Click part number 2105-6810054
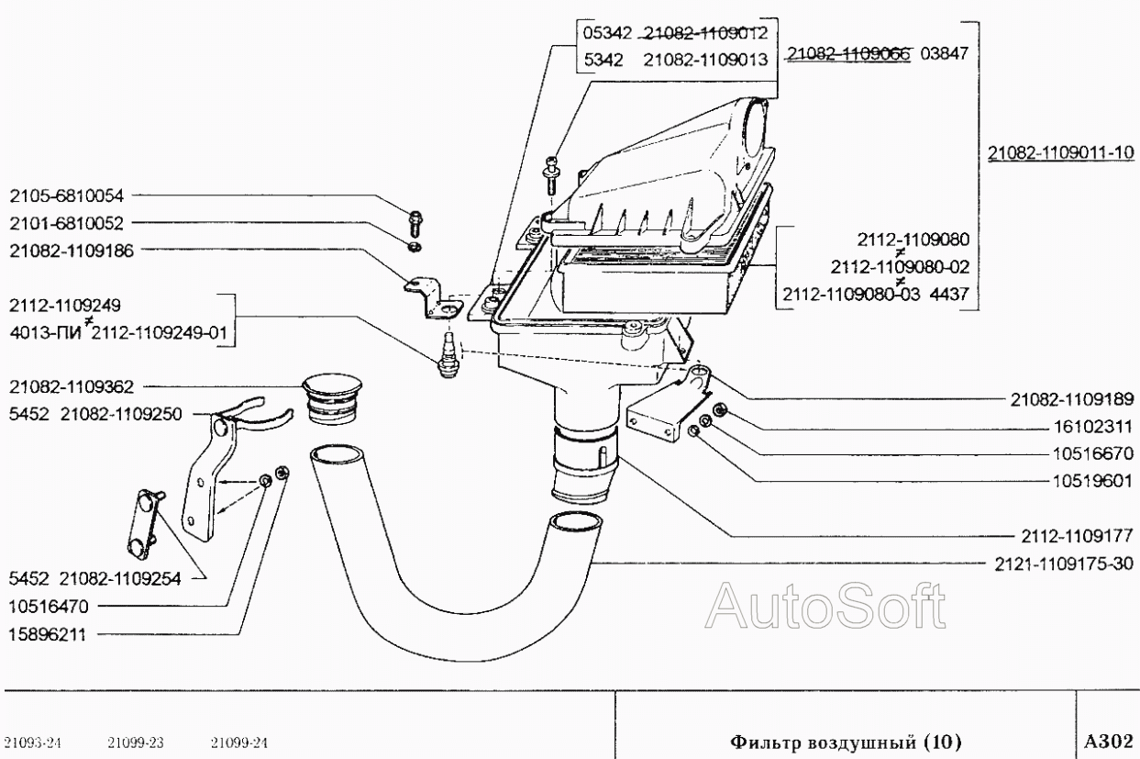click(67, 195)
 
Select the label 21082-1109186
click(72, 251)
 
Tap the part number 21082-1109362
click(72, 386)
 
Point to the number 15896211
click(48, 635)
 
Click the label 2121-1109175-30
click(1064, 564)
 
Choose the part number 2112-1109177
click(1078, 535)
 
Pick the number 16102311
click(1092, 426)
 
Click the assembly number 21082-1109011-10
click(1061, 152)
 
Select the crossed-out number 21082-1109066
click(848, 53)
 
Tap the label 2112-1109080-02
click(901, 266)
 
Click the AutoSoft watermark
click(825, 606)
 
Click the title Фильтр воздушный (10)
click(846, 742)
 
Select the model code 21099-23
click(136, 743)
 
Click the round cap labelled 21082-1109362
click(332, 399)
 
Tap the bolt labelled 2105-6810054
click(415, 224)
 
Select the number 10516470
click(49, 607)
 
